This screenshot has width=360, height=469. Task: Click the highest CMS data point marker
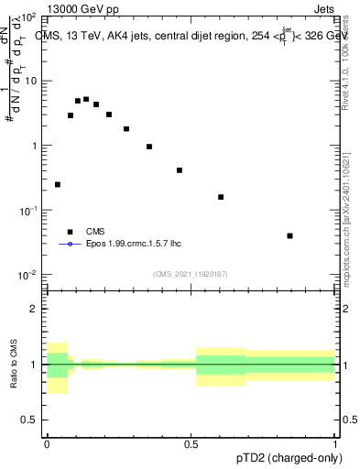point(86,99)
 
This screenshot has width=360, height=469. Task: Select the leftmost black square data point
point(58,184)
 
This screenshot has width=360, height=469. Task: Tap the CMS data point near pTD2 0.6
point(221,197)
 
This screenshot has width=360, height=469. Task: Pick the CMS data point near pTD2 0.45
point(180,170)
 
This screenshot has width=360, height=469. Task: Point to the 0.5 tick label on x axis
point(191,442)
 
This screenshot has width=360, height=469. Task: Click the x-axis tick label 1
point(335,442)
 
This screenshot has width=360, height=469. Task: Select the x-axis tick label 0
point(47,442)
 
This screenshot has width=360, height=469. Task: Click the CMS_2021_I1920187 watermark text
point(191,273)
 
